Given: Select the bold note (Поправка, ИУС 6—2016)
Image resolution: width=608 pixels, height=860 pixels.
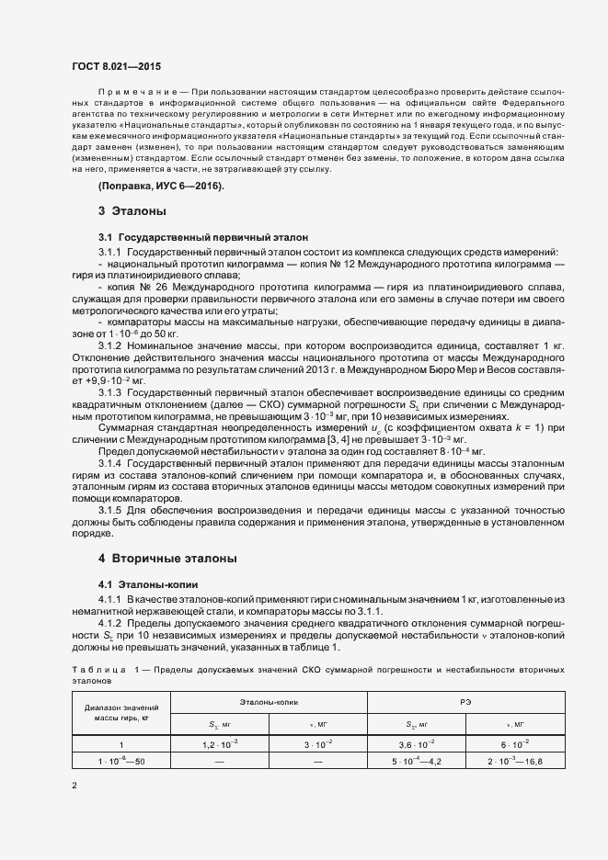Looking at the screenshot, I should coord(161,187).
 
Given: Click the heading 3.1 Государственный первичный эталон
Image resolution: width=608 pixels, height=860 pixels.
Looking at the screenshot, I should coord(197,237).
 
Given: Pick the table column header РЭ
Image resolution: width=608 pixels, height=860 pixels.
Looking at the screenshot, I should coord(466,702).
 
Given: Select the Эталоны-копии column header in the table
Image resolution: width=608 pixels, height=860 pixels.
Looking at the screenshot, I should coord(268,702).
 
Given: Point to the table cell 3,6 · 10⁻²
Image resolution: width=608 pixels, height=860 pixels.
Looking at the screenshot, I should coord(417,745).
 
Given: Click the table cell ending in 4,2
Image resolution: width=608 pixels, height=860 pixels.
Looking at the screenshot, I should coord(417,762).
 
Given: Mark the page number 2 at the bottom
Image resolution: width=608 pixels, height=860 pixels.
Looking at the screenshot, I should coord(75,786).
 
